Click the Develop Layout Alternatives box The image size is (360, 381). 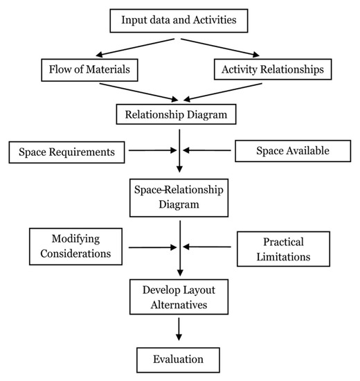tap(179, 296)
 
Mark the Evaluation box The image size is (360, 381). tap(179, 359)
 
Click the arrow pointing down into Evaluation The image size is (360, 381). tap(179, 329)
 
